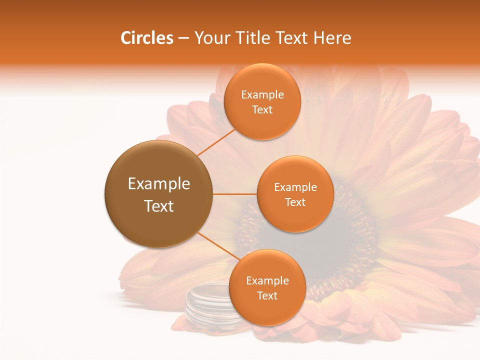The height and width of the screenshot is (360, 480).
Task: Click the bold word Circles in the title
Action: pyautogui.click(x=146, y=38)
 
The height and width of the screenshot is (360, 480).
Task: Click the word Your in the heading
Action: pyautogui.click(x=208, y=38)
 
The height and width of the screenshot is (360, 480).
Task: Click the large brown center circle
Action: pyautogui.click(x=158, y=194)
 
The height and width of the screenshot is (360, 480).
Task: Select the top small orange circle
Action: pyautogui.click(x=262, y=101)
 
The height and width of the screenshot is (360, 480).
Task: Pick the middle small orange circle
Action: pyautogui.click(x=295, y=194)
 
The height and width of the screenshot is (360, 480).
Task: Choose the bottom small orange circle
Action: pyautogui.click(x=267, y=287)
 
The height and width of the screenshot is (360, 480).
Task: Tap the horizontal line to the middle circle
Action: pyautogui.click(x=234, y=194)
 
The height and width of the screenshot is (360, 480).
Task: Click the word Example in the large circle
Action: pyautogui.click(x=158, y=183)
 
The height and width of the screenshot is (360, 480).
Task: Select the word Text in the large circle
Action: pyautogui.click(x=158, y=205)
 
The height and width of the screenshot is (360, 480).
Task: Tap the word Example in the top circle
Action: pyautogui.click(x=262, y=94)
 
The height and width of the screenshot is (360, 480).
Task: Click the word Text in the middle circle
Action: pyautogui.click(x=295, y=202)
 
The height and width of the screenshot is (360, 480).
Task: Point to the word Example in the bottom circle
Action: pyautogui.click(x=267, y=280)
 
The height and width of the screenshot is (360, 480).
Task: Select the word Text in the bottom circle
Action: pyautogui.click(x=267, y=295)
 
